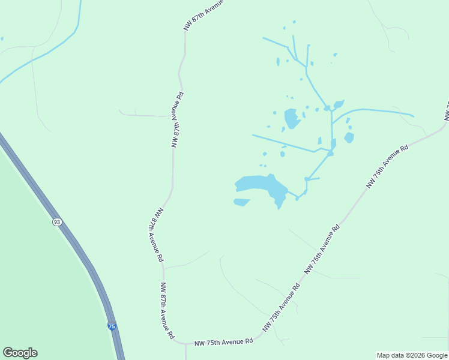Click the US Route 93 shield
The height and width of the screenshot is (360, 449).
point(56,221)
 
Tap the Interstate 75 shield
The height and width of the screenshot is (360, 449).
point(112,326)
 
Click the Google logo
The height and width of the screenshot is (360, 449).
point(20,353)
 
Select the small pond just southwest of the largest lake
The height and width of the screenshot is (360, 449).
point(241,202)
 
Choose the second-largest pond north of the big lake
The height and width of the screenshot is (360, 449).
point(292,118)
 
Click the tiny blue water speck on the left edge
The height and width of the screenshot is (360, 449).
point(2,39)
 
